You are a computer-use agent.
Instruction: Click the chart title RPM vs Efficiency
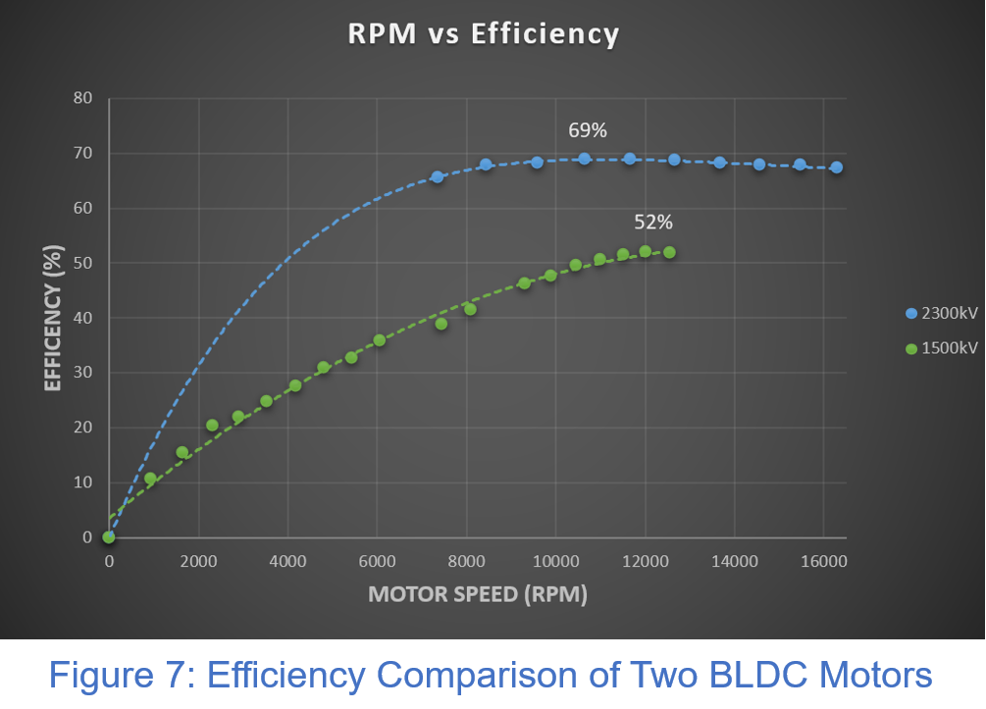pos(484,34)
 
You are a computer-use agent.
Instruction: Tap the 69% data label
pos(588,130)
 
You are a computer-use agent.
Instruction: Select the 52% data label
pos(652,224)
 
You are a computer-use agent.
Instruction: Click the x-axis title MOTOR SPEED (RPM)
pos(478,595)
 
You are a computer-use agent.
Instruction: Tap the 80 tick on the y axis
pos(81,98)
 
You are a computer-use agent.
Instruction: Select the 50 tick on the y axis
pos(81,263)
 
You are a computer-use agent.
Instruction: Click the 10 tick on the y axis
pos(81,482)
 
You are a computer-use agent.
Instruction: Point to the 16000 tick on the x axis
pos(823,562)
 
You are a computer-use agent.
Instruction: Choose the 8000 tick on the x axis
pos(466,562)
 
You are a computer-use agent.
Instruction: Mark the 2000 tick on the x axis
pos(198,562)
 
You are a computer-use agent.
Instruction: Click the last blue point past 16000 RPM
pos(836,168)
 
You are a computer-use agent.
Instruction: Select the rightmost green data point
pos(669,252)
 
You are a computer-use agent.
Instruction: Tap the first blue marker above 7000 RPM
pos(438,177)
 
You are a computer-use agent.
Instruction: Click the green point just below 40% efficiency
pos(441,324)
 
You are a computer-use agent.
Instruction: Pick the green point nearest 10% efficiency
pos(150,479)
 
